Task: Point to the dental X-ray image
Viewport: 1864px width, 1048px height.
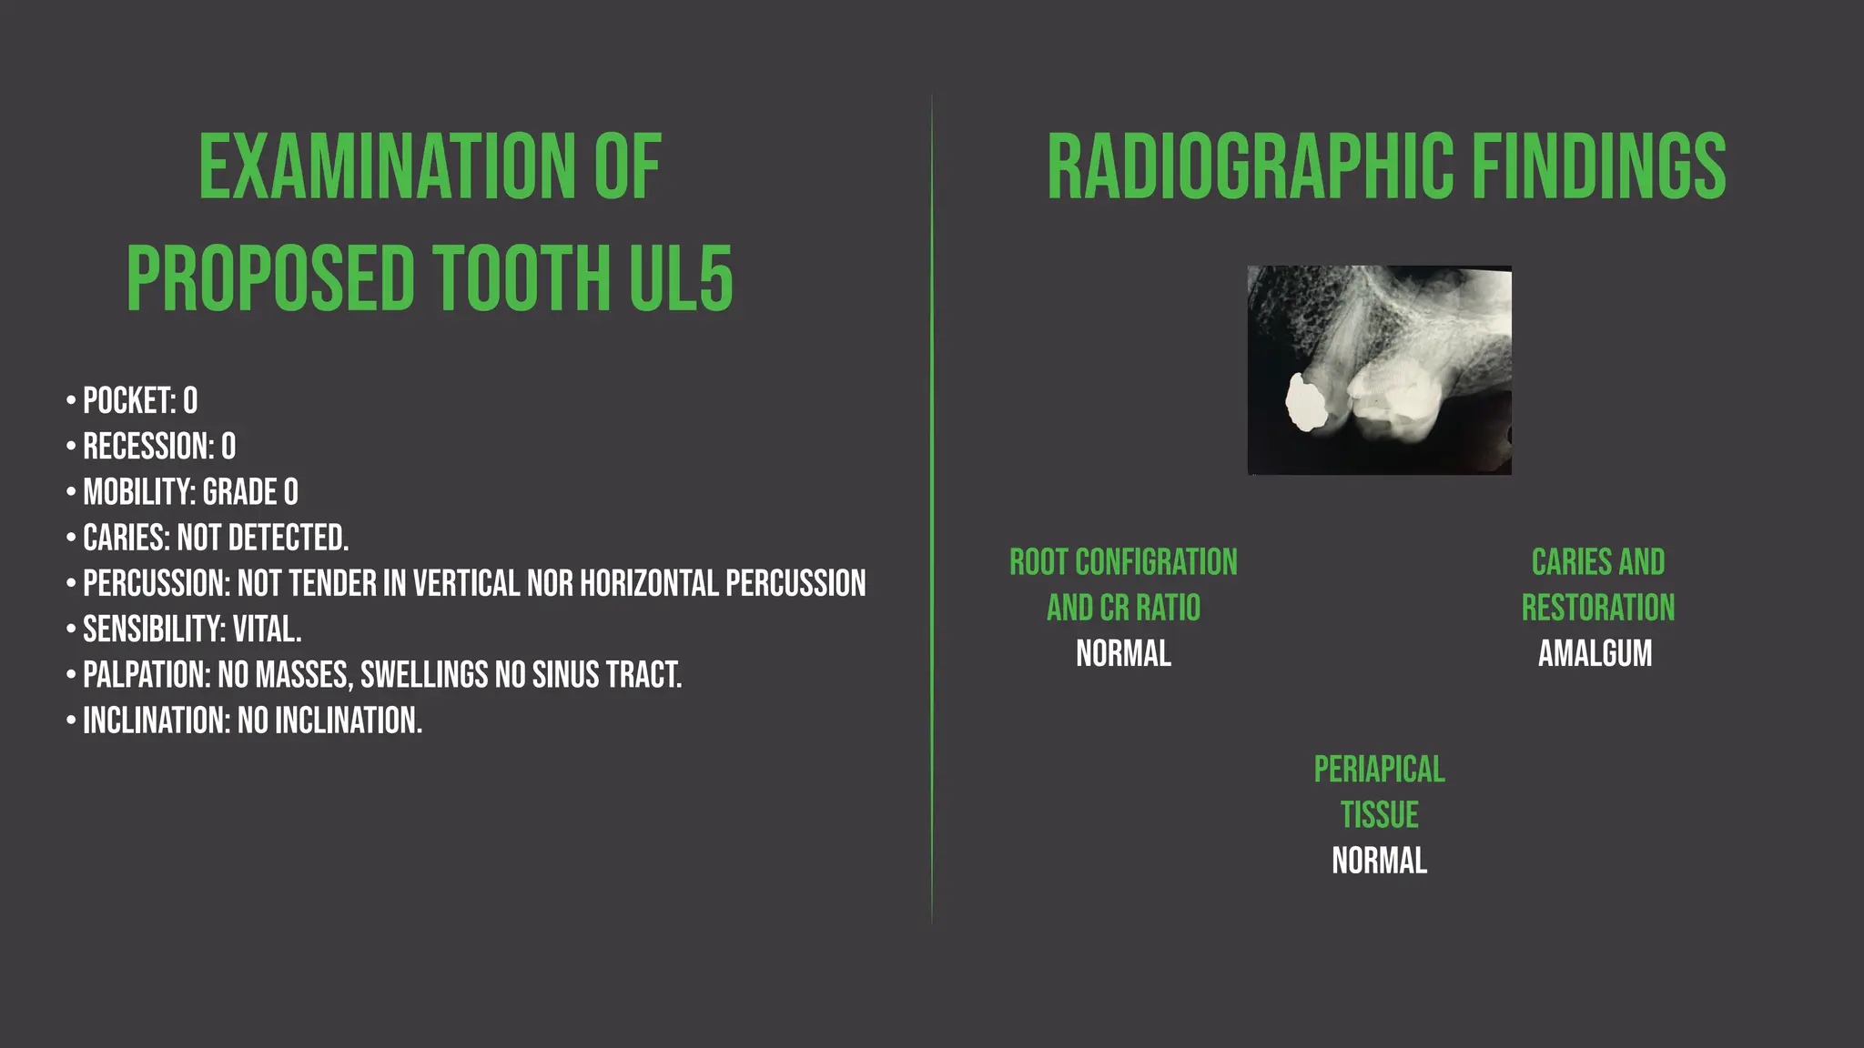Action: pyautogui.click(x=1379, y=369)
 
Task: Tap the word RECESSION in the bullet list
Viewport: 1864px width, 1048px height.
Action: pyautogui.click(x=147, y=447)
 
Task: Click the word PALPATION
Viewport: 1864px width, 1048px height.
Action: pyautogui.click(x=144, y=675)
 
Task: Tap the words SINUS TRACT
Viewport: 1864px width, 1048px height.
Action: pyautogui.click(x=606, y=675)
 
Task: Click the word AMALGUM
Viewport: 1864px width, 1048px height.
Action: pyautogui.click(x=1595, y=653)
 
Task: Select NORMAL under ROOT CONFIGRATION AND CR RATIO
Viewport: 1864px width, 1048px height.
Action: pyautogui.click(x=1123, y=653)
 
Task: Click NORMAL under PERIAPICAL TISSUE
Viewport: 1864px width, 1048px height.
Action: pyautogui.click(x=1379, y=861)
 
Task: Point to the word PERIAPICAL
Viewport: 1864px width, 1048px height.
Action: pyautogui.click(x=1379, y=770)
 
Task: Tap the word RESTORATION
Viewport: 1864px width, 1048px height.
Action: pyautogui.click(x=1597, y=608)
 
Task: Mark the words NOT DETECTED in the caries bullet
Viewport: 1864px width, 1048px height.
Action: pyautogui.click(x=262, y=538)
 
